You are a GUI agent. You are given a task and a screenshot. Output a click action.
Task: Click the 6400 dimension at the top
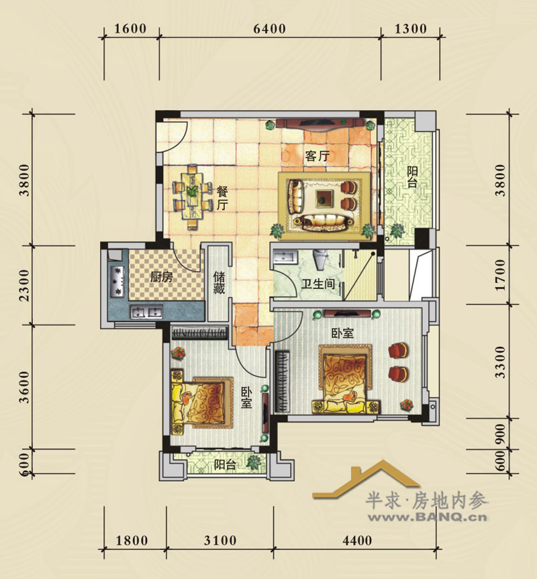269,29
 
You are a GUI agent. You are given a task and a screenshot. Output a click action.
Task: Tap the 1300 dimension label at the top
411,29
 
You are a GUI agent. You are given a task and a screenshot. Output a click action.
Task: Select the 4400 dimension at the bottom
357,541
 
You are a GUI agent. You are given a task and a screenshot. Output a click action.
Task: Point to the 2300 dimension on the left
24,285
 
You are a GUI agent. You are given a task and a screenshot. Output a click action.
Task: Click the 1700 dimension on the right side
500,275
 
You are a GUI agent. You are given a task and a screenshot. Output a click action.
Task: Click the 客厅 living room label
317,156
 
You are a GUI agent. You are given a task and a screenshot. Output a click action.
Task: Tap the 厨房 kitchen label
161,277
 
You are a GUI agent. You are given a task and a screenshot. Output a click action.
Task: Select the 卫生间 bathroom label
318,284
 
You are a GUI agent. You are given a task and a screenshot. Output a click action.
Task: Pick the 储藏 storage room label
219,282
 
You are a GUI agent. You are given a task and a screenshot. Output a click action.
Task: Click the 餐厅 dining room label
222,199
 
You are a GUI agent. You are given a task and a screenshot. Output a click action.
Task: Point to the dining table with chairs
192,196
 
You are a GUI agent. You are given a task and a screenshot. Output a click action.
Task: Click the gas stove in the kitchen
118,282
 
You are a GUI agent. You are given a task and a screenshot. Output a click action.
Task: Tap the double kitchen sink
146,312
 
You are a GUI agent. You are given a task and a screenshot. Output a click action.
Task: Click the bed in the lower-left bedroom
202,402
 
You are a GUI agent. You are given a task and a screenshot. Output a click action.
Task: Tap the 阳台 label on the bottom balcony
225,464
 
